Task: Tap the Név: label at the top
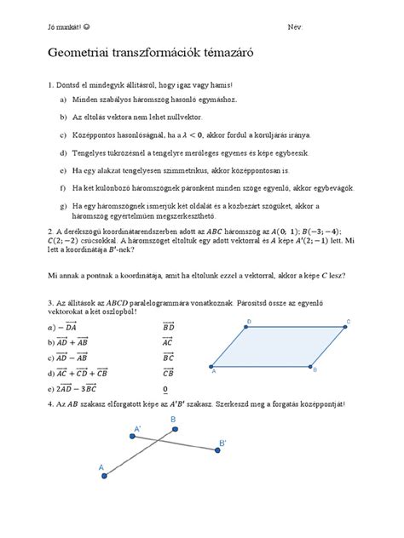pos(296,27)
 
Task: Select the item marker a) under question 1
pos(63,100)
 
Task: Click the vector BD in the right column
pos(169,324)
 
